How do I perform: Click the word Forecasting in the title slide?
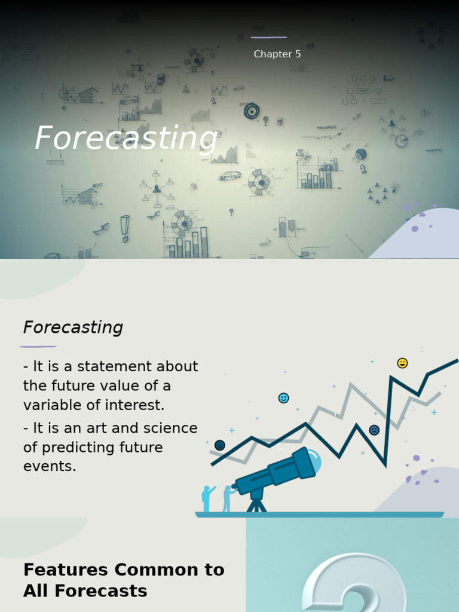click(x=126, y=138)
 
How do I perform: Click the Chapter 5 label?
click(x=277, y=54)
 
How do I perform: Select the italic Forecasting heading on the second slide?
click(x=73, y=328)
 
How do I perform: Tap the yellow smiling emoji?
click(x=402, y=363)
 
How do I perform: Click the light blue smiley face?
click(x=283, y=398)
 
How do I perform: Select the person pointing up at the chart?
click(x=207, y=498)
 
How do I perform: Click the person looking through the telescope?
click(x=227, y=498)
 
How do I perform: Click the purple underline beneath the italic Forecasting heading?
click(x=38, y=346)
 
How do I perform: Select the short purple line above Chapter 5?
click(x=268, y=37)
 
